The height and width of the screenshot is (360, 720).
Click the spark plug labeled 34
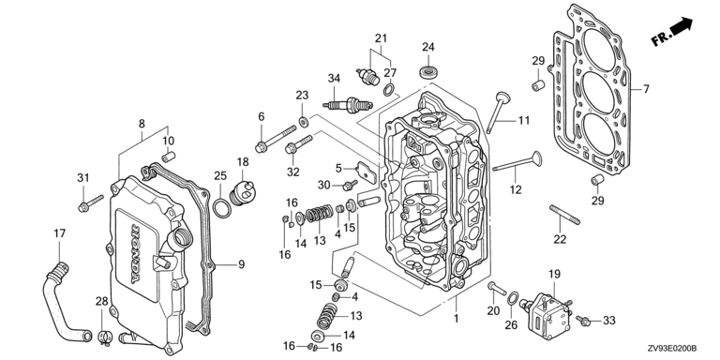(347, 105)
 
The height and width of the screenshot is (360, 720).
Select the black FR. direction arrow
(682, 25)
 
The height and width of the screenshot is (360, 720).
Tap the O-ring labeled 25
(222, 208)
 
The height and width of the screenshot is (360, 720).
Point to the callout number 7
(646, 89)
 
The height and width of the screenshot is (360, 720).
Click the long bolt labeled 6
(276, 137)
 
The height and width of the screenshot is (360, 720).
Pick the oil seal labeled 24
(427, 72)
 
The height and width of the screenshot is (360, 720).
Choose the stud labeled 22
(564, 215)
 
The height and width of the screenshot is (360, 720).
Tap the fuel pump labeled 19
(545, 311)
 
